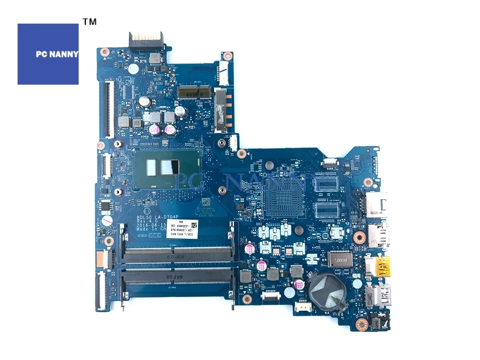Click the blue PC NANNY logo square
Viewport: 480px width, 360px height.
(48, 54)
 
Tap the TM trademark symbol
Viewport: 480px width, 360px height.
(89, 22)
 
